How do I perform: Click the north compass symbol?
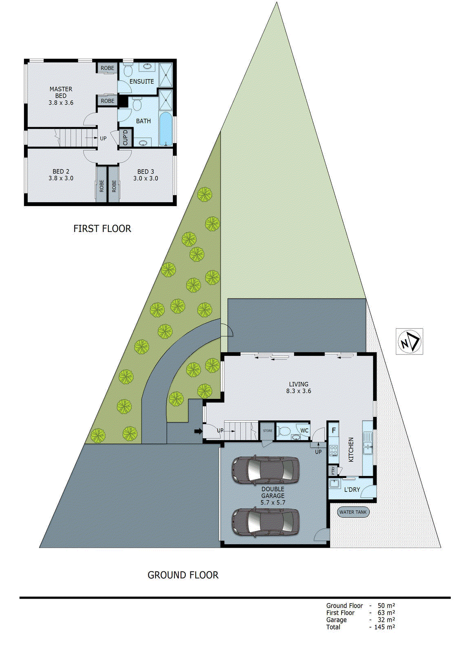pyautogui.click(x=409, y=341)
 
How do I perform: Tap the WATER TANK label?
pyautogui.click(x=353, y=512)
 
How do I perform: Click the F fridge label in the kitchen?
pyautogui.click(x=333, y=430)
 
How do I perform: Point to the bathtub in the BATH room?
pyautogui.click(x=165, y=128)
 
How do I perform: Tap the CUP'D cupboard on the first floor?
pyautogui.click(x=126, y=137)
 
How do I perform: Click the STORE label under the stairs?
pyautogui.click(x=267, y=431)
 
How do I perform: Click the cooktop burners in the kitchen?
pyautogui.click(x=333, y=450)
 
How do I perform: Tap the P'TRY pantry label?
pyautogui.click(x=333, y=471)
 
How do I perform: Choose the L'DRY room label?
pyautogui.click(x=352, y=489)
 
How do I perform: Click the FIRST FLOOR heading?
pyautogui.click(x=102, y=229)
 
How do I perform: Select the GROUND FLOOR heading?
pyautogui.click(x=183, y=575)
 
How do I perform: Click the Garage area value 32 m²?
pyautogui.click(x=386, y=620)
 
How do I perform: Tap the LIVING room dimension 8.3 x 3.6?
pyautogui.click(x=298, y=391)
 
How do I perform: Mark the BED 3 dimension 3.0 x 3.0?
pyautogui.click(x=146, y=178)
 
